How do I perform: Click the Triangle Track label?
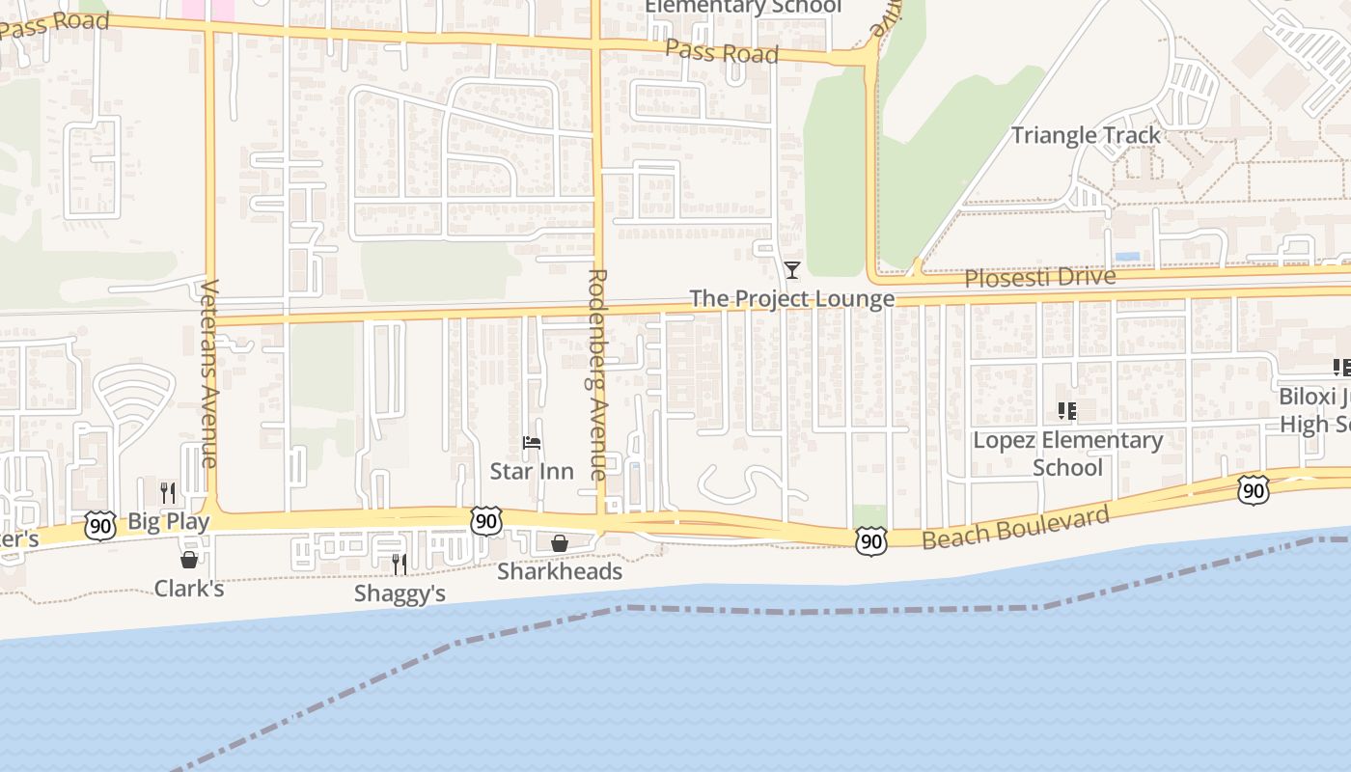[x=1086, y=135]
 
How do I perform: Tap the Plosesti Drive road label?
[x=1040, y=278]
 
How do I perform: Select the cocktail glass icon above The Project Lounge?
[x=792, y=269]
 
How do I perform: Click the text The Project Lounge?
[x=792, y=298]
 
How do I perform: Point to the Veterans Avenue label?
[x=209, y=372]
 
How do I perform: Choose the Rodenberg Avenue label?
[x=597, y=374]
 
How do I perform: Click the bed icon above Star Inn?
[x=531, y=444]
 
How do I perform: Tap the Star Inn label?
[x=531, y=471]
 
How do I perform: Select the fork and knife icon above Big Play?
[x=168, y=493]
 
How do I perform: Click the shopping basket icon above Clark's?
[x=189, y=559]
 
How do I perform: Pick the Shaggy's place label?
[x=400, y=593]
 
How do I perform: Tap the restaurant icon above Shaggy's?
[x=400, y=564]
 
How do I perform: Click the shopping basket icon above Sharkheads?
[x=559, y=543]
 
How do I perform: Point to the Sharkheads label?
[x=559, y=571]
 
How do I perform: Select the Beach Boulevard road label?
[x=1015, y=527]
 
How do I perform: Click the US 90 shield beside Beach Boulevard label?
[x=870, y=541]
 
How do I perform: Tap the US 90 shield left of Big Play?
[x=99, y=526]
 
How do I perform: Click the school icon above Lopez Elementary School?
[x=1066, y=412]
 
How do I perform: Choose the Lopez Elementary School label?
[x=1066, y=454]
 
